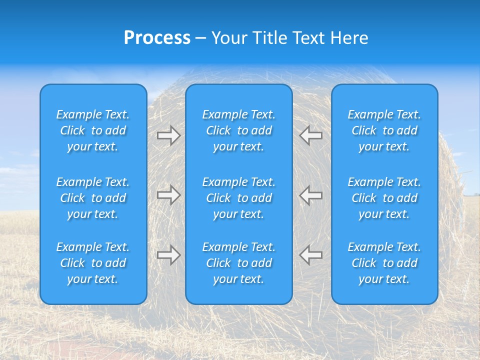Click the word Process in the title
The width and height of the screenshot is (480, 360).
(157, 38)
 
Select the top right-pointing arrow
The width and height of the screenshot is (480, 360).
(168, 135)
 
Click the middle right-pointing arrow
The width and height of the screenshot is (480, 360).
(168, 194)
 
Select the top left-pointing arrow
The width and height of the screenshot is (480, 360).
(310, 135)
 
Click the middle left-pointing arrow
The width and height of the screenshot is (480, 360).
(310, 194)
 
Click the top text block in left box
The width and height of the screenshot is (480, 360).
(93, 130)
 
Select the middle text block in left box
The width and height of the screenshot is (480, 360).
(93, 198)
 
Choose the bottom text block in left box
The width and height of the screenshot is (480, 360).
(93, 263)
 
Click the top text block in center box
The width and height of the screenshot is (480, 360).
(238, 130)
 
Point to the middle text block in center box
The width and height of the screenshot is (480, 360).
(238, 198)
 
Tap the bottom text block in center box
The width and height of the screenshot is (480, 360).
(238, 263)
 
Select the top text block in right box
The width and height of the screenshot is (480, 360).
(384, 130)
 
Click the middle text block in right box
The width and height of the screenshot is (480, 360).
(384, 198)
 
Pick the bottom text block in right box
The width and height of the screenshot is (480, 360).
(384, 263)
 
